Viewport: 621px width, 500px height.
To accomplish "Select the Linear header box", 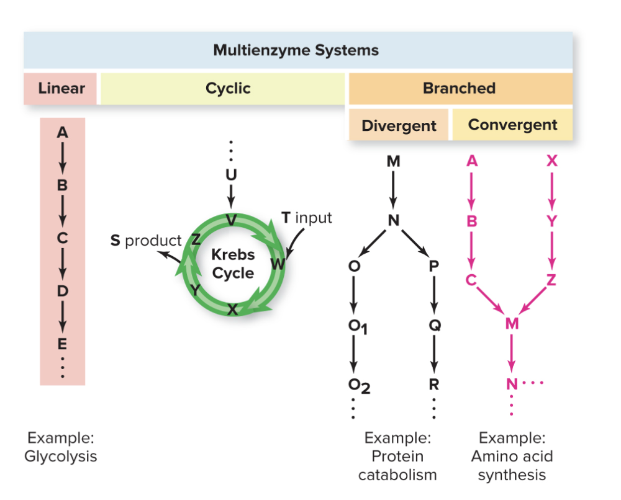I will (x=61, y=88).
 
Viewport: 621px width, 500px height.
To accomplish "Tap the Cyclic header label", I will (x=228, y=88).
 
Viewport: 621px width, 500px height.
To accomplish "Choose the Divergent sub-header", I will (x=399, y=126).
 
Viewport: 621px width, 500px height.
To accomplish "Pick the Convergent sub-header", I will (x=512, y=125).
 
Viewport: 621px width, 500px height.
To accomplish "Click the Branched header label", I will (x=459, y=88).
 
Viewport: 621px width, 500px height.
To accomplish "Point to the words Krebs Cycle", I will (x=232, y=264).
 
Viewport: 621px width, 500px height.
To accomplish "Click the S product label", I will (x=146, y=240).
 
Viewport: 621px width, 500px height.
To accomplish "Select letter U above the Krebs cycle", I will (x=231, y=175).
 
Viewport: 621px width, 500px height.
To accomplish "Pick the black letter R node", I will (x=433, y=384).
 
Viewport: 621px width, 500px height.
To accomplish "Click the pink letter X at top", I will (x=552, y=161).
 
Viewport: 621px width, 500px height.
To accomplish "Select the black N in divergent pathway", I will (x=393, y=220).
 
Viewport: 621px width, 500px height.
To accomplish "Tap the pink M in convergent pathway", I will (x=511, y=323).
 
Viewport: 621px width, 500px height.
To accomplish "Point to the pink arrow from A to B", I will (x=472, y=190).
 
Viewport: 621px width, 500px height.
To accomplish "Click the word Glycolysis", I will (x=61, y=457).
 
